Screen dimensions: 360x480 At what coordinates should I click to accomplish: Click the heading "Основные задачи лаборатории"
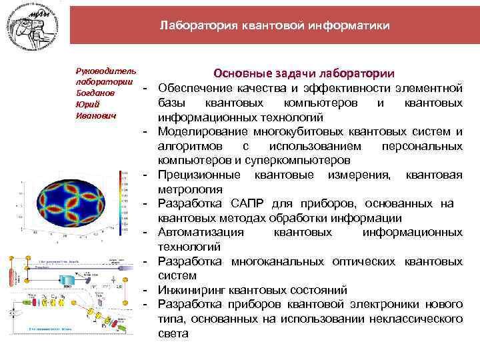[x=303, y=73]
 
